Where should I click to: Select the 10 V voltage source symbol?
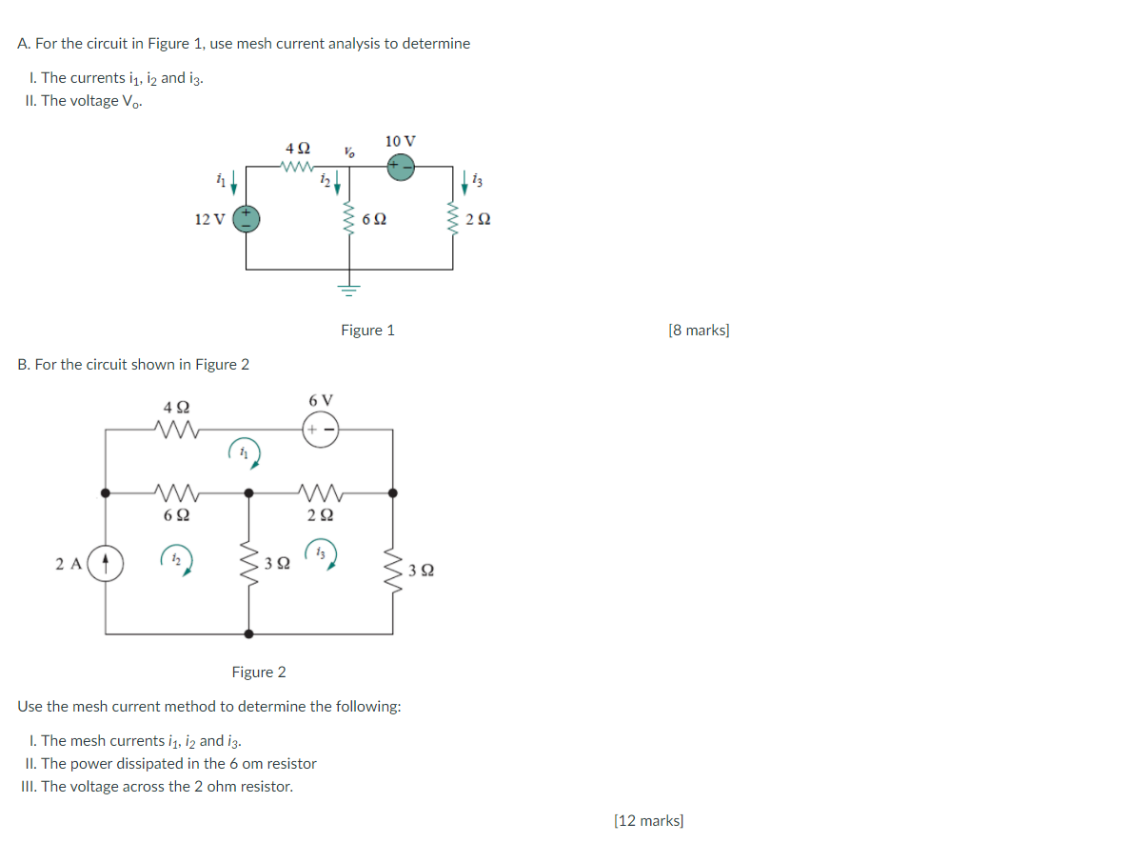400,166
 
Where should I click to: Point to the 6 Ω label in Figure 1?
376,219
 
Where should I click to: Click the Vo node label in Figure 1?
349,151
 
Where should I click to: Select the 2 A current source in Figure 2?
106,562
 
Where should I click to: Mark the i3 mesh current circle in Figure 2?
320,554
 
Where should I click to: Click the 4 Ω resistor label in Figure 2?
174,408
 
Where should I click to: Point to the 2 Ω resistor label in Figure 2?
320,515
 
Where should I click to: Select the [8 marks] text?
699,331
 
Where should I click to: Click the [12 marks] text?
649,820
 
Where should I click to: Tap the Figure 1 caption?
367,331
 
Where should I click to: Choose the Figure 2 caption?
259,672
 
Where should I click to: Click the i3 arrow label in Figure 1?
477,179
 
